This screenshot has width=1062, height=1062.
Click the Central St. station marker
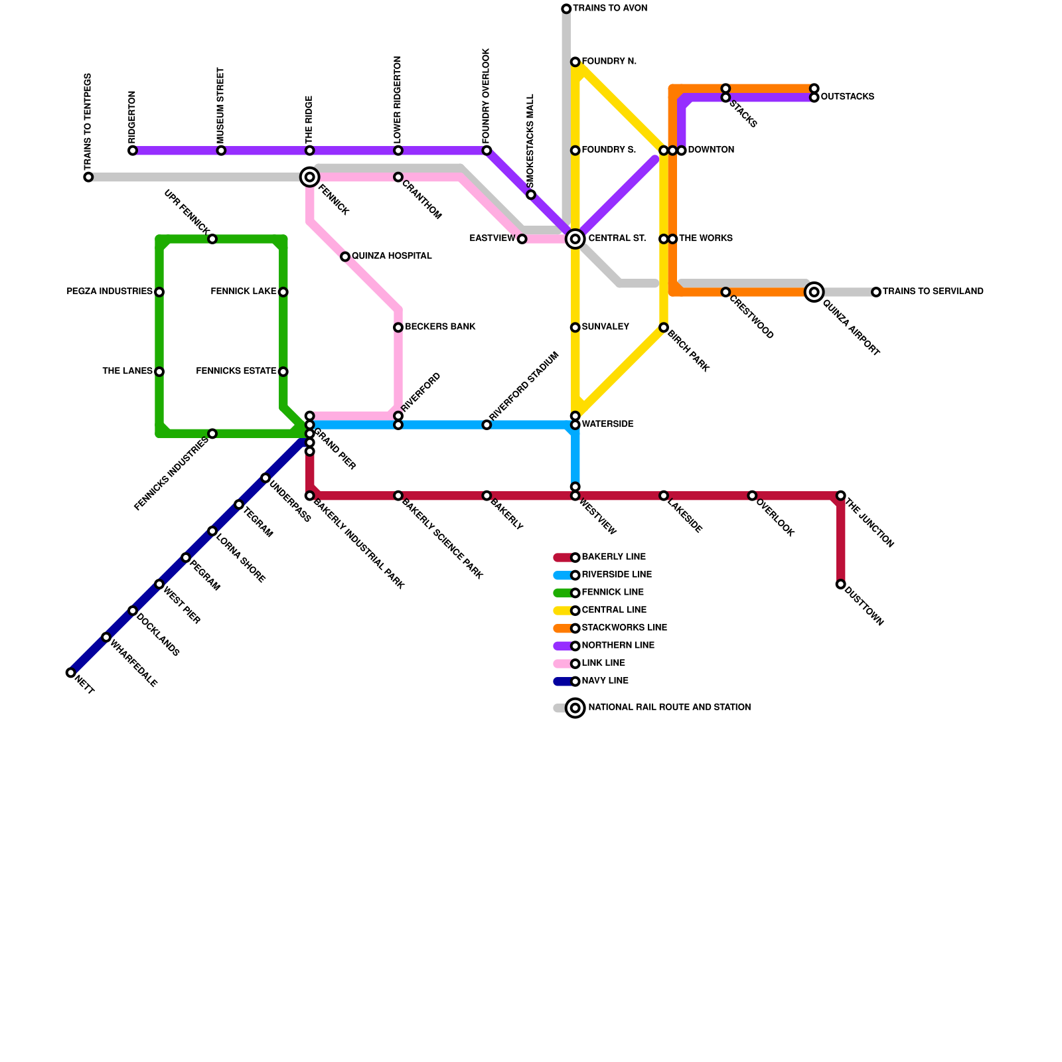tap(575, 239)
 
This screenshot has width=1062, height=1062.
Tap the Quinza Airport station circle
tap(814, 292)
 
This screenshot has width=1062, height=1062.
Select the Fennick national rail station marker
tap(310, 177)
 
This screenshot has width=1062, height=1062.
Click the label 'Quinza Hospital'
tap(392, 256)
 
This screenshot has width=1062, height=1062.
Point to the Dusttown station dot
tap(841, 584)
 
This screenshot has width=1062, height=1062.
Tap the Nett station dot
tap(71, 672)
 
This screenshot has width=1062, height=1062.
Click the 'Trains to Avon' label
tap(610, 9)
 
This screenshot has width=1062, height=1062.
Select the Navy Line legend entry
tap(604, 681)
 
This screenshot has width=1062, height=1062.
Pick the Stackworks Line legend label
tap(624, 628)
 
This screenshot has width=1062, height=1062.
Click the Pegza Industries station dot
tap(159, 292)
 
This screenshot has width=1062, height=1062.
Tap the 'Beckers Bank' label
tap(440, 327)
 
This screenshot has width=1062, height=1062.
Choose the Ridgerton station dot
tap(133, 151)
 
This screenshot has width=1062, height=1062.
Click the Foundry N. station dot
tap(575, 62)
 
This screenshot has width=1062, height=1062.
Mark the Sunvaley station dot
tap(575, 327)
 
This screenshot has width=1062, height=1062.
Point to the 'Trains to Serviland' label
tap(933, 292)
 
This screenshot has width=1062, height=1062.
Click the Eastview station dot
tap(522, 239)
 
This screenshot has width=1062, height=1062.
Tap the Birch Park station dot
tap(664, 327)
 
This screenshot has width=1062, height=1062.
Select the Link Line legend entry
tap(603, 664)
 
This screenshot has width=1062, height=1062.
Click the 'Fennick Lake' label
tap(243, 292)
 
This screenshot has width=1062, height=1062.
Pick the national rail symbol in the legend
tap(575, 708)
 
